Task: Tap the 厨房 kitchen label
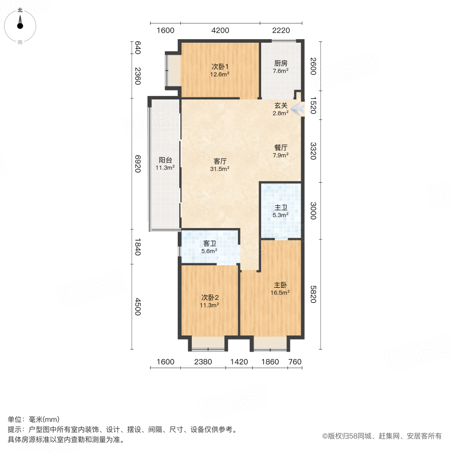tap(281, 63)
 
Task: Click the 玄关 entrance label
tap(281, 105)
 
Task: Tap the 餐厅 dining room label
tap(281, 148)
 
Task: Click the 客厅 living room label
tap(220, 161)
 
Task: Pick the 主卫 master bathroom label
tap(281, 207)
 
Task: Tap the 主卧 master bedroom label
tap(281, 284)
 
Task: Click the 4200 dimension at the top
tap(220, 30)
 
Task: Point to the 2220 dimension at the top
tap(281, 30)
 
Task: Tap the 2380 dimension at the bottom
tap(203, 362)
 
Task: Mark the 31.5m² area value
tap(220, 169)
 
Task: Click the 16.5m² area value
tap(281, 292)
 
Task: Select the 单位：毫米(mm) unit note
tap(34, 420)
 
